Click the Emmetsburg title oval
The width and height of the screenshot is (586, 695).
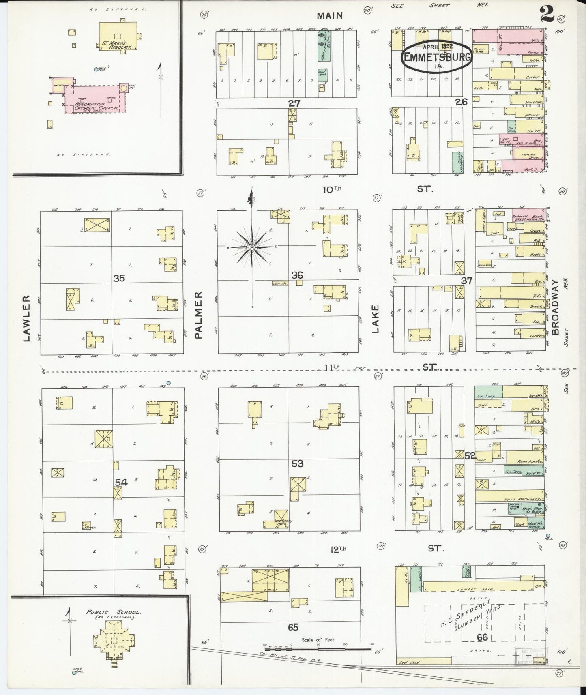click(x=437, y=57)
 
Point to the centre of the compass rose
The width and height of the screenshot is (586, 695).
click(x=252, y=247)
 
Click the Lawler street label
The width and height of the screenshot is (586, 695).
click(x=27, y=318)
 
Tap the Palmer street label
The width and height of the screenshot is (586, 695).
click(x=199, y=315)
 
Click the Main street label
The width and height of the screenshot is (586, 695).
click(x=330, y=16)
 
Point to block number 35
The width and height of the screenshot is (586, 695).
click(x=119, y=278)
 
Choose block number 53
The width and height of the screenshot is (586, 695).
click(x=297, y=463)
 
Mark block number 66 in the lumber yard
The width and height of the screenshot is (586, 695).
click(x=482, y=637)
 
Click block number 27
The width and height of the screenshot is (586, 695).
click(x=294, y=103)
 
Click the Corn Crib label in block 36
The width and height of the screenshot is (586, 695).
click(x=280, y=284)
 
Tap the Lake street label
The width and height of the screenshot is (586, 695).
click(x=375, y=319)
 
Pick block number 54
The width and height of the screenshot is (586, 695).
click(x=121, y=482)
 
